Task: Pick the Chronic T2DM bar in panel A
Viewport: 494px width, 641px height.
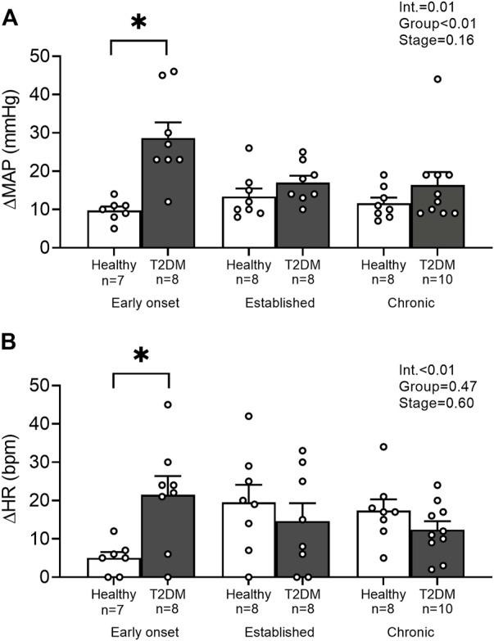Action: pos(425,216)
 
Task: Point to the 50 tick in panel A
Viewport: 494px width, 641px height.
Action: pos(61,56)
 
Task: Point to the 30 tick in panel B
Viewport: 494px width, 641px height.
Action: pos(61,463)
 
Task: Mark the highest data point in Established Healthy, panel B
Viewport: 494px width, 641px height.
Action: pos(248,417)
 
